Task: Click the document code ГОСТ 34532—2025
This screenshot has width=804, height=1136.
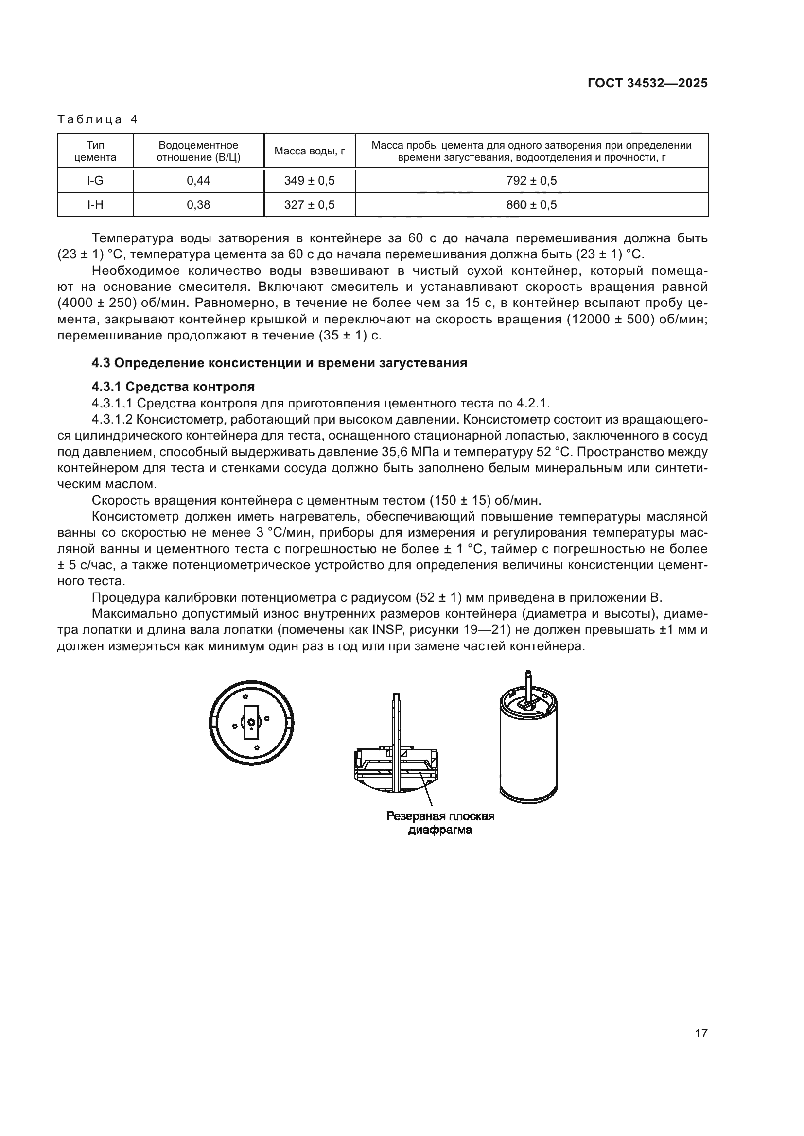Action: point(647,84)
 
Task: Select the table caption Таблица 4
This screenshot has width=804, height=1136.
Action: point(98,120)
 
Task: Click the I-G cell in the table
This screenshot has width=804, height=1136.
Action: point(95,181)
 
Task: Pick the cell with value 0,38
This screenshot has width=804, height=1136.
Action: point(198,205)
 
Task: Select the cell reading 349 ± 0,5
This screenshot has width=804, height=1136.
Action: point(310,181)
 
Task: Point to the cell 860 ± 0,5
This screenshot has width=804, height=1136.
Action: point(531,205)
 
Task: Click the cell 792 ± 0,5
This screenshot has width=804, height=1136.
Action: point(531,181)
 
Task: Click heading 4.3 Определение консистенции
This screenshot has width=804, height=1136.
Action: point(279,363)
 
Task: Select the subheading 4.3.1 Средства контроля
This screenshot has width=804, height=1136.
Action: point(173,387)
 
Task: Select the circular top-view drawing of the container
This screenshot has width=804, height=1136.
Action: point(251,723)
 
